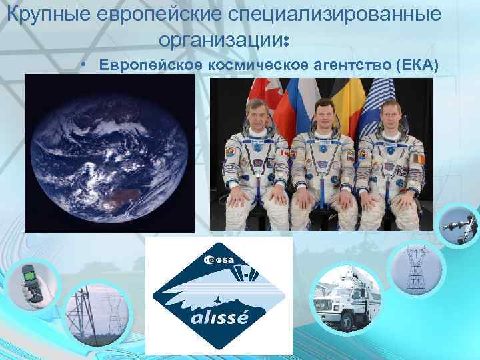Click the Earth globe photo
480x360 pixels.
pos(110,153)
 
